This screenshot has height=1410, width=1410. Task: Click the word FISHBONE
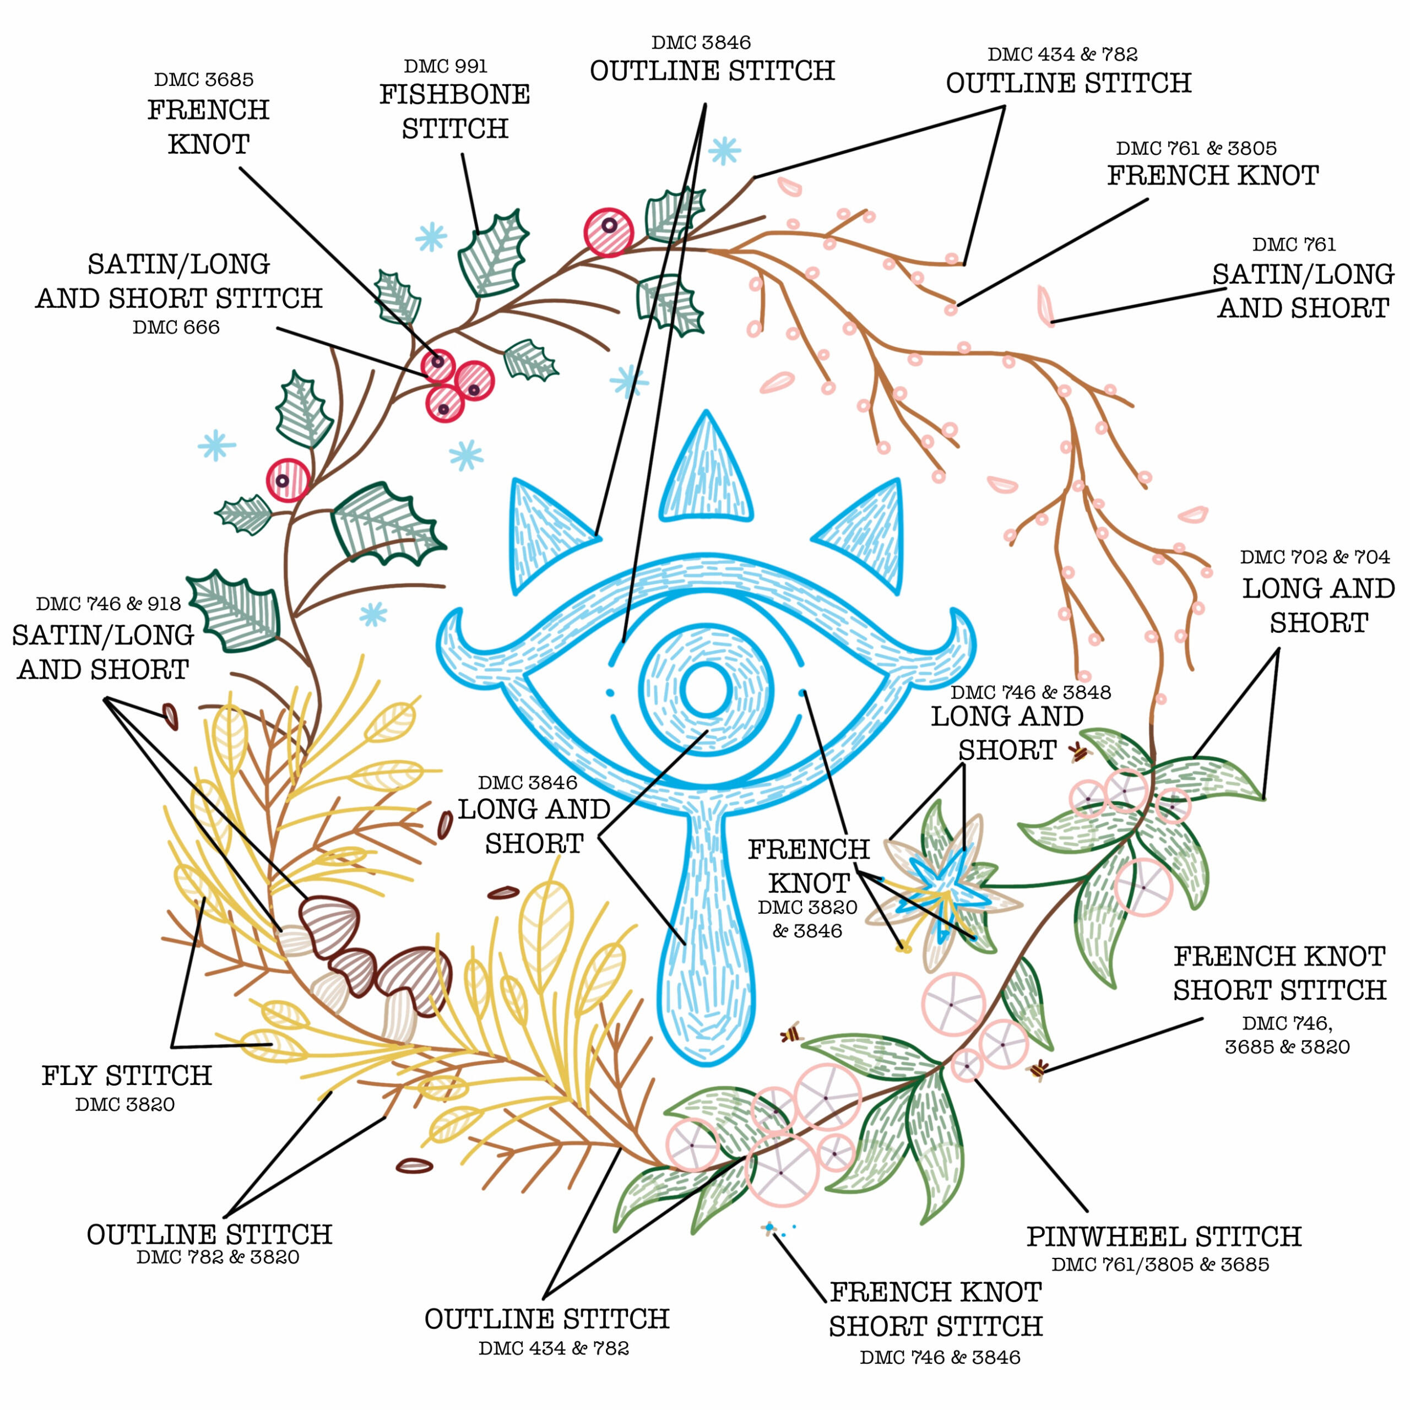pos(454,95)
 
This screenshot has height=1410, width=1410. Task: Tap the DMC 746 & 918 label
pos(108,604)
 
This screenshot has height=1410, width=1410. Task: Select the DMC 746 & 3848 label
pos(1031,692)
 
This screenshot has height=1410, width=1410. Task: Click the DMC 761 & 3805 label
pos(1196,149)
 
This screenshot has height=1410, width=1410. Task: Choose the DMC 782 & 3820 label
pos(218,1257)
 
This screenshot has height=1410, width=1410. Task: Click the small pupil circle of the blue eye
pos(706,690)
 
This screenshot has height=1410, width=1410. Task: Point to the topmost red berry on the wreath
pos(609,232)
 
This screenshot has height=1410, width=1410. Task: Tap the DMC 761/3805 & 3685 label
pos(1160,1265)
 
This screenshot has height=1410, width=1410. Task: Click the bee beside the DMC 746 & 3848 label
pos(1078,752)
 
